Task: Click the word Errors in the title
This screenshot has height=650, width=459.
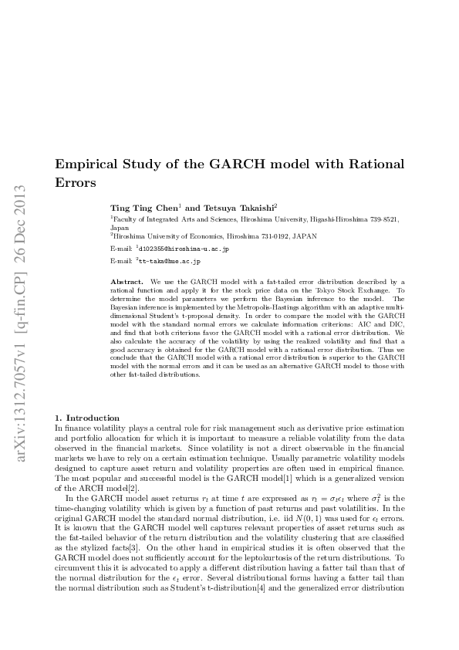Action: pos(76,183)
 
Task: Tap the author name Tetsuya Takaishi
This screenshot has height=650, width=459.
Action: pos(238,208)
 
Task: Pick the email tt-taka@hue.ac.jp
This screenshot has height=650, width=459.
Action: pos(170,262)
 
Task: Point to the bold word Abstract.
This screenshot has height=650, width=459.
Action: pos(128,283)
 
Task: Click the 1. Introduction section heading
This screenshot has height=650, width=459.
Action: pos(87,418)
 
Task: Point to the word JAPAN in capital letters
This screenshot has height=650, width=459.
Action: pos(272,235)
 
